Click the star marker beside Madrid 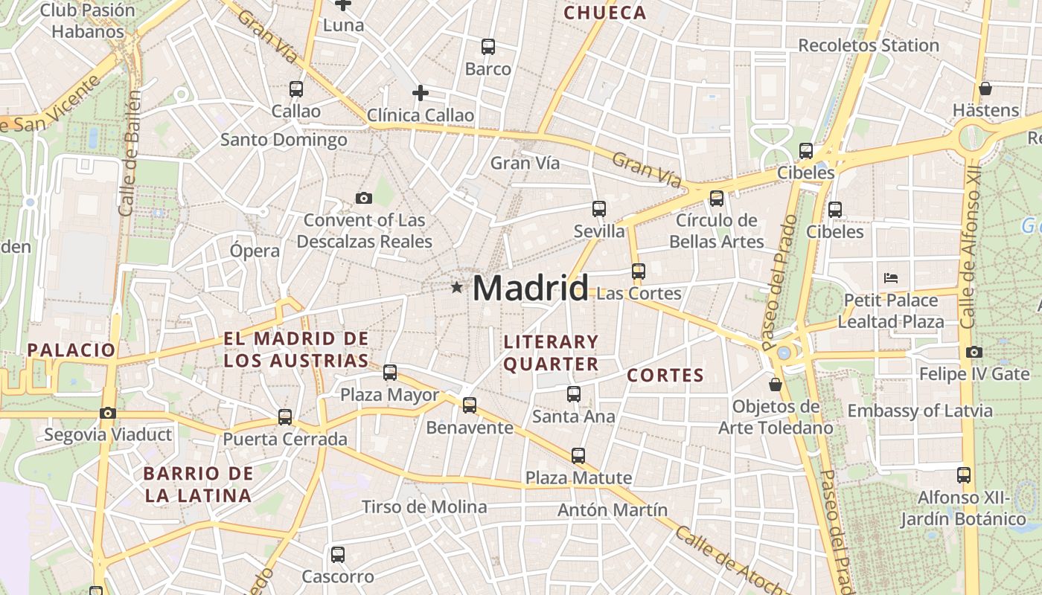456,287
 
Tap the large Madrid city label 530,288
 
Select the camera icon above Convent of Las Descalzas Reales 363,198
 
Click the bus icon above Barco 488,47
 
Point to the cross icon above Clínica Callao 421,93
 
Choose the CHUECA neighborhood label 605,13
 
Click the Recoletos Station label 869,45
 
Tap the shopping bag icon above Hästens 985,89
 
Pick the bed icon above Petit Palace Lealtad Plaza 891,278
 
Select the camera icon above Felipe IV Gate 974,352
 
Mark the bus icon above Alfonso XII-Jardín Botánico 963,475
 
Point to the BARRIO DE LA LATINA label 198,484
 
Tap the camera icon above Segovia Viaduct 108,413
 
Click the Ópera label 255,251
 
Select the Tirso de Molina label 424,507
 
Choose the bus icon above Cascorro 337,554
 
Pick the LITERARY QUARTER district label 551,353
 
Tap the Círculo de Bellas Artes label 716,231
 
